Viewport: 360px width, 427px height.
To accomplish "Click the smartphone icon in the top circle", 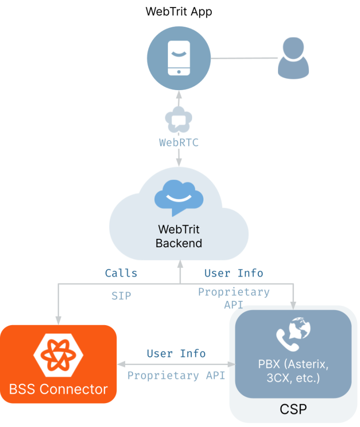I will click(x=179, y=58).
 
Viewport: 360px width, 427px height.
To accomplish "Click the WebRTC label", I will click(x=179, y=142).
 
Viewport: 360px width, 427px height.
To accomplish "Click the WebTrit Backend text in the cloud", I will click(x=179, y=236).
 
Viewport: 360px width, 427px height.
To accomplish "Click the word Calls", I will click(x=121, y=273).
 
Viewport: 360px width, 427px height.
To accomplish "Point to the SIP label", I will click(x=121, y=296).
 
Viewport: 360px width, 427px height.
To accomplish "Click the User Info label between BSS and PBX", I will click(x=176, y=353).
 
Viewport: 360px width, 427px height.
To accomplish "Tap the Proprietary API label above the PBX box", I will click(x=233, y=297).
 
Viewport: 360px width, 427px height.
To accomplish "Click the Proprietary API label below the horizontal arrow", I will click(x=176, y=376).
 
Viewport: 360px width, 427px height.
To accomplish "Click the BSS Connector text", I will click(x=58, y=389).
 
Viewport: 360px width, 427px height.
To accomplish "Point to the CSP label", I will click(x=293, y=409).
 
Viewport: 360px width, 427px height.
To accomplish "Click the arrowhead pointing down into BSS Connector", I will click(x=58, y=320).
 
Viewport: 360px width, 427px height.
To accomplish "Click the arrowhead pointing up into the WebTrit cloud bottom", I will click(x=179, y=265).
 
